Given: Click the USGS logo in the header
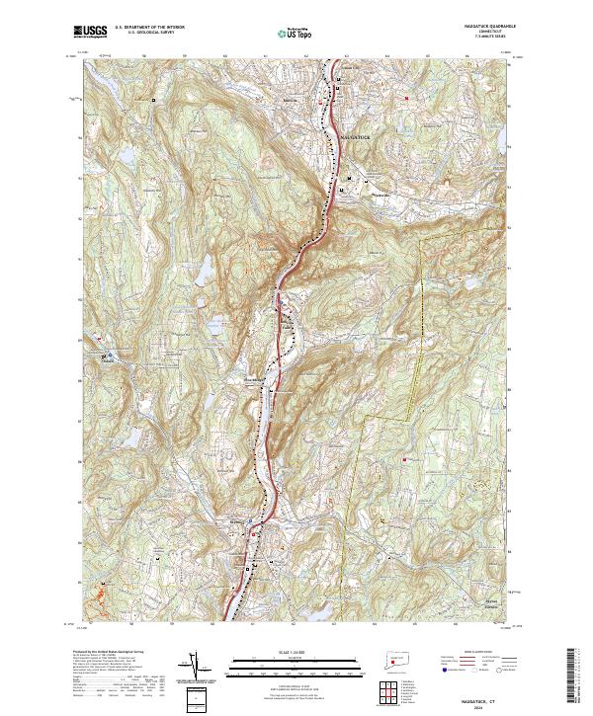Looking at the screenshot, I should tap(90, 33).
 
